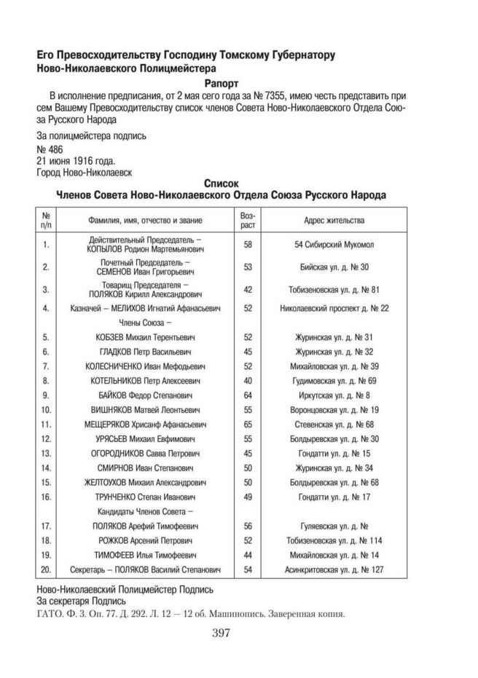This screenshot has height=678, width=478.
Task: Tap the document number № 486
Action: [x=50, y=149]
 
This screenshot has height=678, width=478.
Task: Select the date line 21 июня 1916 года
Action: [x=75, y=160]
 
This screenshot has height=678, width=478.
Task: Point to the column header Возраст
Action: [x=247, y=219]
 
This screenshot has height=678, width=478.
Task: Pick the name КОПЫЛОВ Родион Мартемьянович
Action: [x=146, y=249]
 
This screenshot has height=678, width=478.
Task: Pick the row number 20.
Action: [x=46, y=569]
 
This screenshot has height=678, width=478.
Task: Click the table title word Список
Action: [x=220, y=184]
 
